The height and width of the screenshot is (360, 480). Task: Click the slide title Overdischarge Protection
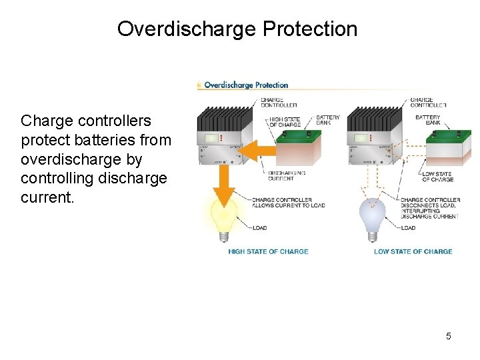pyautogui.click(x=237, y=29)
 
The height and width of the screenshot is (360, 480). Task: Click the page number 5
pyautogui.click(x=448, y=336)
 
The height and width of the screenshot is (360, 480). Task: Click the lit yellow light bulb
pyautogui.click(x=224, y=217)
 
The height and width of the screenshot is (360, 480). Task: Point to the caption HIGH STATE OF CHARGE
pyautogui.click(x=268, y=251)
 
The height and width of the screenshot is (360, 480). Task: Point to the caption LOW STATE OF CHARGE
pyautogui.click(x=413, y=251)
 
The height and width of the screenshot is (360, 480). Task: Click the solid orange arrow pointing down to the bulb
pyautogui.click(x=225, y=183)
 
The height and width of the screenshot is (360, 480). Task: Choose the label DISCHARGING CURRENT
pyautogui.click(x=287, y=175)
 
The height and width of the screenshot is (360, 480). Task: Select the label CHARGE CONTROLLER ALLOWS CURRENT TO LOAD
pyautogui.click(x=288, y=203)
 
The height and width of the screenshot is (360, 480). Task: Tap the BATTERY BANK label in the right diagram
pyautogui.click(x=427, y=120)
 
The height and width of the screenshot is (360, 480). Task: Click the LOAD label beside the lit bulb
pyautogui.click(x=259, y=228)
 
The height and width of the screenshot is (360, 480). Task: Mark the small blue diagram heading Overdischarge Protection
pyautogui.click(x=245, y=85)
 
